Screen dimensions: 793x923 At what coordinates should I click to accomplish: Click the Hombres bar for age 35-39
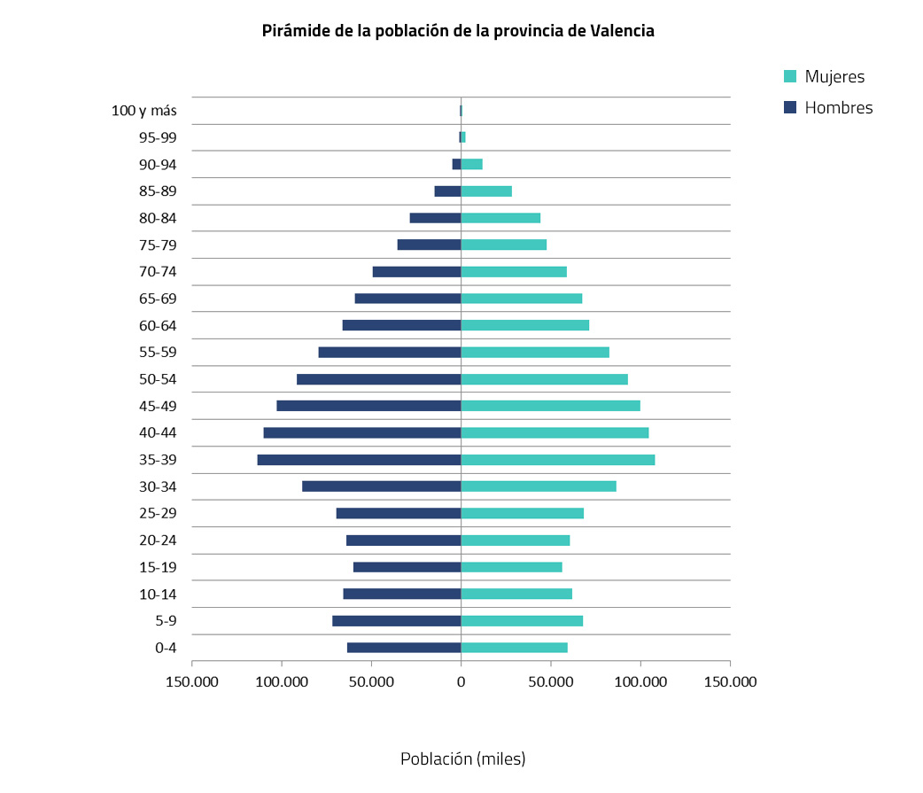point(359,460)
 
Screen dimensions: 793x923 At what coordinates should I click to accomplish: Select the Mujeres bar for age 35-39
point(558,460)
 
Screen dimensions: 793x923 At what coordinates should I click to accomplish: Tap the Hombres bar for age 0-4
point(404,648)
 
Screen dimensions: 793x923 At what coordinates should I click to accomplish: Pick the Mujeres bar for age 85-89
point(486,191)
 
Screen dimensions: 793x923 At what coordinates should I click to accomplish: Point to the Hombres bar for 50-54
point(379,379)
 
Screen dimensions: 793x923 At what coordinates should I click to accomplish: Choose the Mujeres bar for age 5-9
point(522,621)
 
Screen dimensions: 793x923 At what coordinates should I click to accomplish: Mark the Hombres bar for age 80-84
point(435,218)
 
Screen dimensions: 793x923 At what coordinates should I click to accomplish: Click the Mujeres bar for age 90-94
point(472,165)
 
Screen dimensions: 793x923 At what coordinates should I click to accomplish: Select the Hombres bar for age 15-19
point(407,567)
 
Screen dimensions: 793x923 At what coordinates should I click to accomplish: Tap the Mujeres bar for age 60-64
point(525,325)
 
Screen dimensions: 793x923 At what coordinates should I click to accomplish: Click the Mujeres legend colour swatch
point(791,77)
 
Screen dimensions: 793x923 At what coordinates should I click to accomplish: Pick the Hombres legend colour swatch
point(791,108)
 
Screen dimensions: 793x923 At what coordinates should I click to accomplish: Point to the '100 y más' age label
point(144,111)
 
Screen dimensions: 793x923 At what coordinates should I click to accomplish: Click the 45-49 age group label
point(158,406)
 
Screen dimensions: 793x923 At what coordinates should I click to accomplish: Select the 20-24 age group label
point(158,540)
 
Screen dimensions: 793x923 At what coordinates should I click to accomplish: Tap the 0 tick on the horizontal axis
point(461,681)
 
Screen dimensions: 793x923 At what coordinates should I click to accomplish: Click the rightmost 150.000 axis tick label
point(730,681)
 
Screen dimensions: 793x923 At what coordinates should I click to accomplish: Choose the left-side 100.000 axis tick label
point(282,681)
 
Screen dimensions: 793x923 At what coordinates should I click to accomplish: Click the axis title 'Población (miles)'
point(462,759)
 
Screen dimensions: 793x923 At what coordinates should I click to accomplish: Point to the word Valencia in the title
point(622,31)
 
